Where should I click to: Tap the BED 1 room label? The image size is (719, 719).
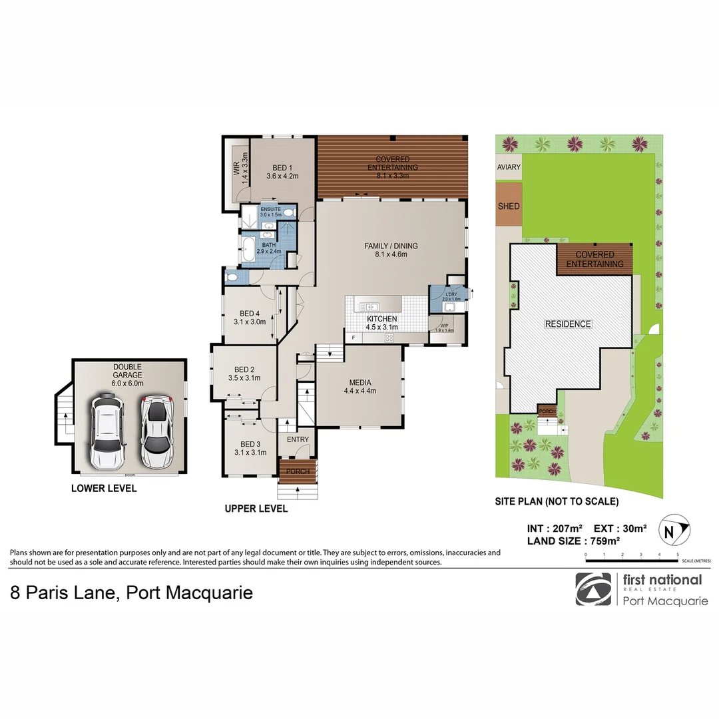pos(282,172)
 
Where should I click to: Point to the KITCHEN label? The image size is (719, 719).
pos(381,323)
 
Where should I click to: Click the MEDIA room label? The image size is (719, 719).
pos(359,386)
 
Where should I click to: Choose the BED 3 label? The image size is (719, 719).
pos(250,448)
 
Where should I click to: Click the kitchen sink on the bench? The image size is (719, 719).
pos(369,306)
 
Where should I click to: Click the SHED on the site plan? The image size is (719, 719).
pos(509,206)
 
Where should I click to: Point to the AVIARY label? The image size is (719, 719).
pos(509,167)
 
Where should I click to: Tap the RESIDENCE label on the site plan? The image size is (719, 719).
pos(568,324)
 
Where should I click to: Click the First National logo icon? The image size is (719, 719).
pos(593,589)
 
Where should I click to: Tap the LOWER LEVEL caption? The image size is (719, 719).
pos(104,489)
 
